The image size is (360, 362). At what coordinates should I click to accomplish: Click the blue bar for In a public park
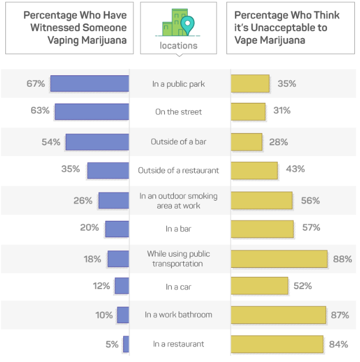coord(90,84)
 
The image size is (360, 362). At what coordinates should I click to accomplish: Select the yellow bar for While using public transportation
coord(279,258)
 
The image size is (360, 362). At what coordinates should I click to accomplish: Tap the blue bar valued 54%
coord(97,142)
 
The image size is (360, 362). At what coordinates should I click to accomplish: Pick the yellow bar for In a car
coord(259,286)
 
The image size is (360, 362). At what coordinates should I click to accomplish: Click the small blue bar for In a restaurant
coord(126,344)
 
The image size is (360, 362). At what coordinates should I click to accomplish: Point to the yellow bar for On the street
coord(248,112)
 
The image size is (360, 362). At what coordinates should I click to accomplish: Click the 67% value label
coord(35,84)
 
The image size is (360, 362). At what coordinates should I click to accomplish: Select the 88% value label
coord(342,258)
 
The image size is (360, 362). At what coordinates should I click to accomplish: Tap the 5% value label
coord(112,344)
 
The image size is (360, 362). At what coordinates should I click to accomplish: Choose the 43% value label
coord(295,169)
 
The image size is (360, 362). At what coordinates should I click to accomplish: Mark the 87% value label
coord(339,315)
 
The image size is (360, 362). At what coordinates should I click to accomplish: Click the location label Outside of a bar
coord(179,142)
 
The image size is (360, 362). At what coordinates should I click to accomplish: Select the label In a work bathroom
coord(179,315)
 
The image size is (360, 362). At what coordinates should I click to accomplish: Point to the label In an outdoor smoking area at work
coord(179,201)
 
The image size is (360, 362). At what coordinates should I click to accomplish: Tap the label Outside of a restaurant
coord(179,170)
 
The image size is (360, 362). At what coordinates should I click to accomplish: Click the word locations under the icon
coord(179,45)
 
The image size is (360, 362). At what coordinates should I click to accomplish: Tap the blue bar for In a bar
coord(117,229)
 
